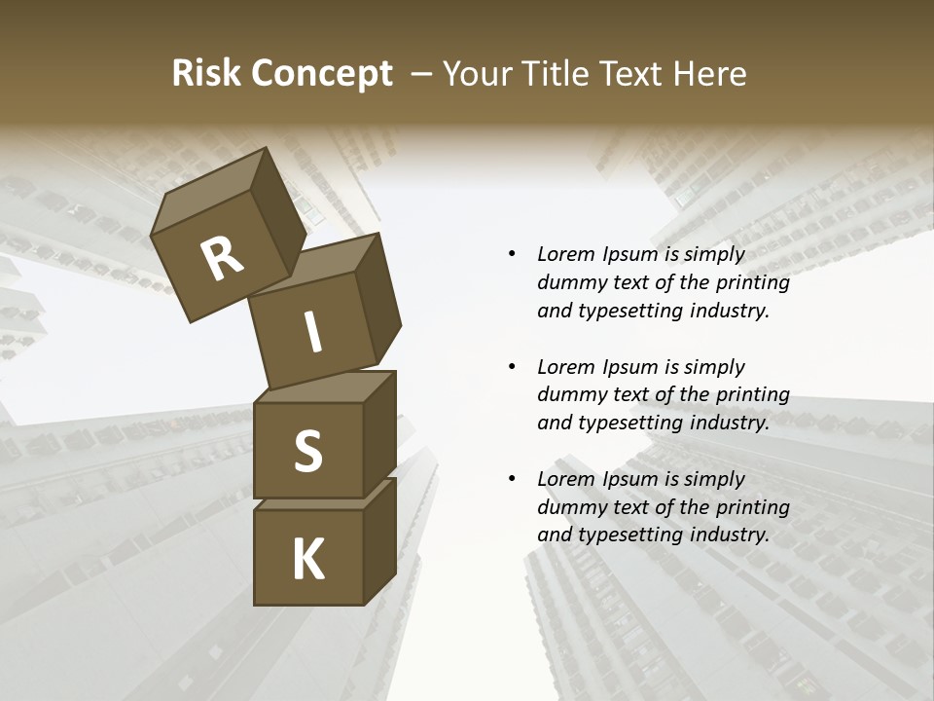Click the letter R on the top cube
[x=222, y=259]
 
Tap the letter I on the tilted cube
[x=312, y=333]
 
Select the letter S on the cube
[x=307, y=451]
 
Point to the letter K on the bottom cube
[x=308, y=559]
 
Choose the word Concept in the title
[x=320, y=74]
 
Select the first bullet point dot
[x=512, y=255]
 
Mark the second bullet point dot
[x=512, y=367]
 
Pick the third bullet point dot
[x=512, y=479]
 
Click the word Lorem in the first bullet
[x=565, y=254]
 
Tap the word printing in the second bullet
[x=751, y=394]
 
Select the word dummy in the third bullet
[x=569, y=506]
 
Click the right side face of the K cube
[x=379, y=541]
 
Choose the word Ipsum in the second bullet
[x=629, y=367]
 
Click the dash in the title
[x=422, y=74]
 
